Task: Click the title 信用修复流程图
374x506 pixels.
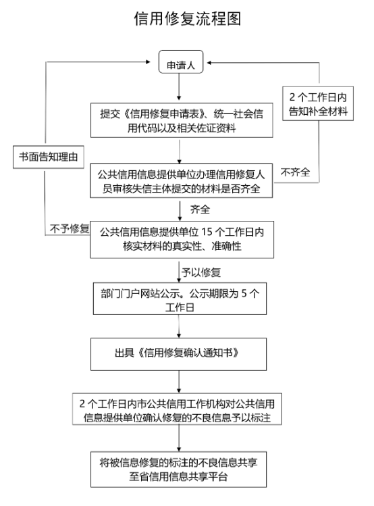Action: pos(187,18)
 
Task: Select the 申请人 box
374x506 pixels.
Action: pos(181,62)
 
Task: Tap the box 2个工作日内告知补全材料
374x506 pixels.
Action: pos(318,103)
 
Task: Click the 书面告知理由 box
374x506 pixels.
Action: pos(49,157)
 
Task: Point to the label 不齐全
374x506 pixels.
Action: pos(295,172)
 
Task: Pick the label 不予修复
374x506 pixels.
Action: pos(70,229)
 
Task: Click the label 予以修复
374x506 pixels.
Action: pos(201,272)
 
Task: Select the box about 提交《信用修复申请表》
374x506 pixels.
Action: pos(182,120)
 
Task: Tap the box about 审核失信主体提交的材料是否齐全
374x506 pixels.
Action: pos(181,181)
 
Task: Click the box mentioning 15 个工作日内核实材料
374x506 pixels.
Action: pos(182,239)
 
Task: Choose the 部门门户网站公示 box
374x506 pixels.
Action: pos(180,299)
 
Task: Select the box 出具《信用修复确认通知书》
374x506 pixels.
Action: pos(179,354)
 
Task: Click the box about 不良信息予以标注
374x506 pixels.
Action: pos(177,409)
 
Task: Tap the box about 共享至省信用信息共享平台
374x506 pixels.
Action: pos(179,470)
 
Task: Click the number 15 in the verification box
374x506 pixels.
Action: pos(207,232)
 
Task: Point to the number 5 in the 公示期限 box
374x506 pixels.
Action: pos(244,293)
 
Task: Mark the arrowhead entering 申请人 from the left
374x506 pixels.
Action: pos(149,62)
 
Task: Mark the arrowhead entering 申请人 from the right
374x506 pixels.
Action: pos(209,63)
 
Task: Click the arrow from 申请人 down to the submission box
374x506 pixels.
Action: pos(180,86)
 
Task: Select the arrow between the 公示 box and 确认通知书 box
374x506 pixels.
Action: pos(179,326)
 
